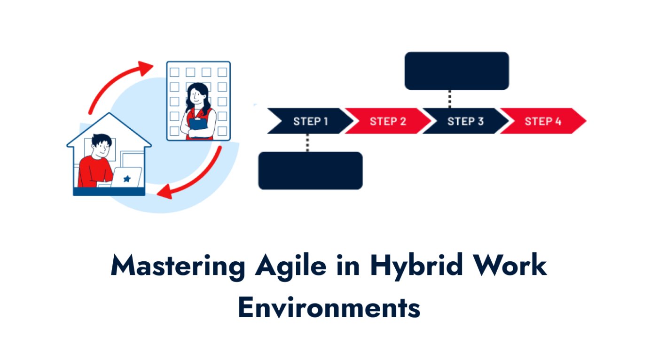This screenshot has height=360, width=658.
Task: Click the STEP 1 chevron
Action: click(310, 121)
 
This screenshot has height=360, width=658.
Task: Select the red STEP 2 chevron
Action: click(388, 121)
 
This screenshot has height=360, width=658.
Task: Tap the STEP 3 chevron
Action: click(465, 121)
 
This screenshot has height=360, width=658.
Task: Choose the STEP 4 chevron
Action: click(543, 121)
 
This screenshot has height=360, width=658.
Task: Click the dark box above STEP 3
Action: click(456, 71)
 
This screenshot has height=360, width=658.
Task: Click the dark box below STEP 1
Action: click(310, 171)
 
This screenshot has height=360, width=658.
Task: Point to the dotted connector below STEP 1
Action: click(307, 143)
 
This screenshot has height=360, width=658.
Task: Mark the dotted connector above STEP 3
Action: click(450, 99)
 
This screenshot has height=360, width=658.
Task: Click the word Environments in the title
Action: click(329, 308)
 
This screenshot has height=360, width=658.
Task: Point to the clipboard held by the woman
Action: click(196, 124)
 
